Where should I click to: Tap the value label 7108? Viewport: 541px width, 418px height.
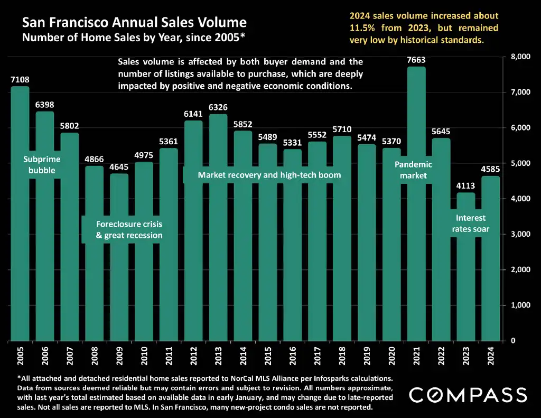(x=20, y=80)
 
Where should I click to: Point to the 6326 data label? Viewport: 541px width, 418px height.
(x=218, y=108)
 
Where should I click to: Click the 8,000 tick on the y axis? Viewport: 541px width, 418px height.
(x=520, y=57)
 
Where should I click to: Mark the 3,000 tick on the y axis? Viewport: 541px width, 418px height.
(x=520, y=234)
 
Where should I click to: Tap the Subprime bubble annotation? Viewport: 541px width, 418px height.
(x=42, y=165)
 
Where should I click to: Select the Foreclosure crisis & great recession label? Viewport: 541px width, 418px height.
(x=129, y=230)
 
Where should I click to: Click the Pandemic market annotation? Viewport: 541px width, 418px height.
(x=413, y=170)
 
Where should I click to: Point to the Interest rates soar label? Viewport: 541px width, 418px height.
(x=470, y=224)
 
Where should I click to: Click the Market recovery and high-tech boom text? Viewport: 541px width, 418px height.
(x=269, y=175)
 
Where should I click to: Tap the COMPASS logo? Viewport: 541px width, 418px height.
(x=468, y=395)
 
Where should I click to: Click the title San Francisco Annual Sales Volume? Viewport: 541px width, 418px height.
(x=134, y=23)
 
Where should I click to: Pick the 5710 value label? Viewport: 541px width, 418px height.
(x=342, y=129)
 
